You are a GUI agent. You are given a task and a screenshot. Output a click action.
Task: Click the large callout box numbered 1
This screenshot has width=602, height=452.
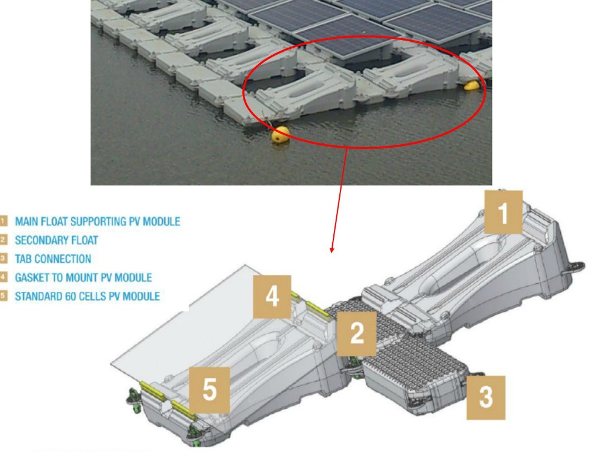[x=503, y=212]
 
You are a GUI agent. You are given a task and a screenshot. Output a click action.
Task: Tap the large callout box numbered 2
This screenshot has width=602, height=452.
[x=357, y=334]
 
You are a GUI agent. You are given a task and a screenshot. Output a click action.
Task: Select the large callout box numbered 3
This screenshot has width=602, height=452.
[x=486, y=398]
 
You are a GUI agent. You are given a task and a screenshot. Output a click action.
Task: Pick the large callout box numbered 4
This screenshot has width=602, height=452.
[x=272, y=297]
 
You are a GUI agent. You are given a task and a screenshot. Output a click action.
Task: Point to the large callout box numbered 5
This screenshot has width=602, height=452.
[x=210, y=390]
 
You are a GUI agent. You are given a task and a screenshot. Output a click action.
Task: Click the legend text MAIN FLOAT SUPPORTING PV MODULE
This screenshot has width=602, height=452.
[x=98, y=221]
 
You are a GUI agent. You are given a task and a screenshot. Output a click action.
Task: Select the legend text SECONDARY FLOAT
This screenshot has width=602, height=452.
[x=56, y=240]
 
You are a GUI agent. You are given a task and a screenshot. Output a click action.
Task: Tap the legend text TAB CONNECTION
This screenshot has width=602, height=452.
[x=53, y=259]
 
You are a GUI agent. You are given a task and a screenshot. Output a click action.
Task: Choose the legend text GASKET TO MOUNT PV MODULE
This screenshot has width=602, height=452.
[x=83, y=278]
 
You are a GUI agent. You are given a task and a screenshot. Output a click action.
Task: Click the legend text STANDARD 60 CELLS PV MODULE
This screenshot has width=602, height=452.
[x=88, y=297]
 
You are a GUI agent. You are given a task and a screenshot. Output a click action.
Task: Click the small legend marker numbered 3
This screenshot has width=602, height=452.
[x=4, y=258]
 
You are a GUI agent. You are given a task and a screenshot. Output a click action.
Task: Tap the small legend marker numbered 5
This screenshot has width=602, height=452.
[x=4, y=295]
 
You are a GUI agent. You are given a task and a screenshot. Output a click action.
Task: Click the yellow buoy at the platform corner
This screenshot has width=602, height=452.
[x=280, y=135]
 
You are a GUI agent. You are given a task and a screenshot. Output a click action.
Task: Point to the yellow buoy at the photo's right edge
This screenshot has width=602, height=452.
[x=472, y=85]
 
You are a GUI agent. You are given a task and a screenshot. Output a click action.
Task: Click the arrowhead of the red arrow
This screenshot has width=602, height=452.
[x=332, y=250]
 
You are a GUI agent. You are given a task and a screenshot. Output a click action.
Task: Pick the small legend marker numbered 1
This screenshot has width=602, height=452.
[x=4, y=221]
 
